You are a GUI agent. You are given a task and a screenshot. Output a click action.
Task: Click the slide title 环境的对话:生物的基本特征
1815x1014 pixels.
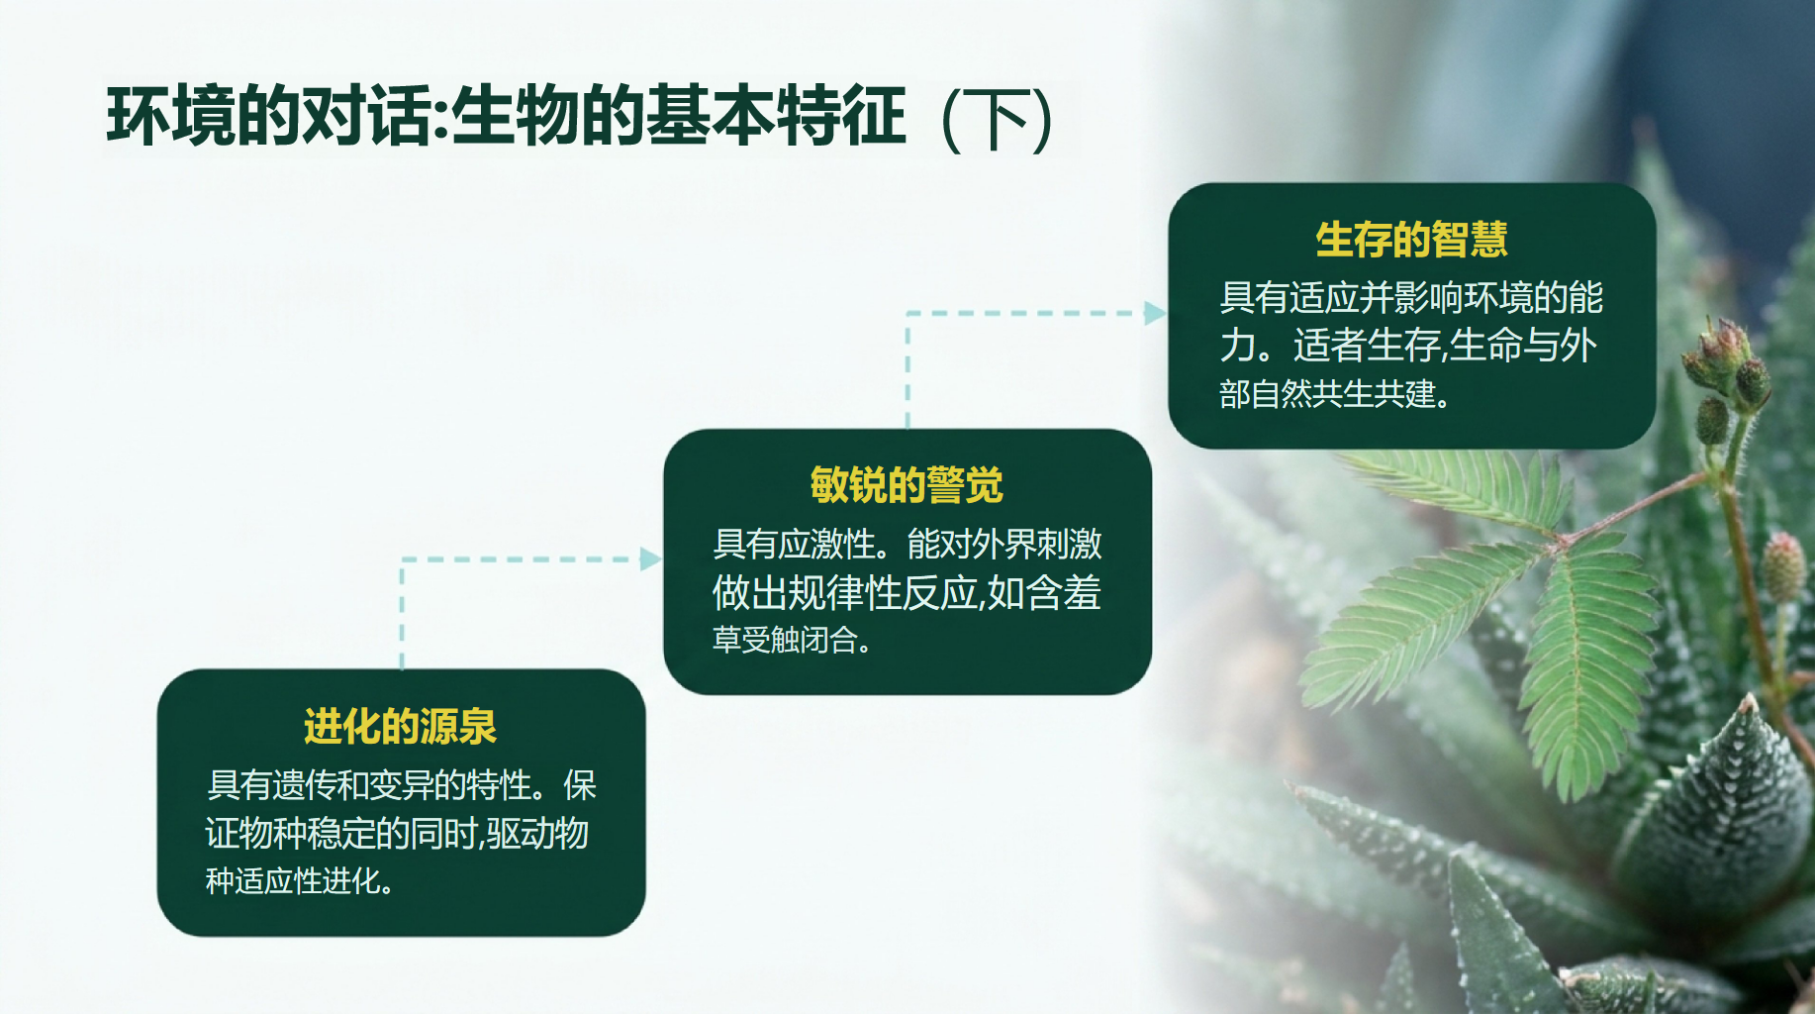pyautogui.click(x=506, y=117)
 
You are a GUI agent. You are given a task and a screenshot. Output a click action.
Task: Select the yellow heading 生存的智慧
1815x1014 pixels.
pyautogui.click(x=1411, y=240)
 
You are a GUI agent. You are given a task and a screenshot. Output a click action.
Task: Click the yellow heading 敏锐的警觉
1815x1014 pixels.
pyautogui.click(x=907, y=485)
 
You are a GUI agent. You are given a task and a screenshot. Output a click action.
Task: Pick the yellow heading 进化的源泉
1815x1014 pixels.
pyautogui.click(x=400, y=726)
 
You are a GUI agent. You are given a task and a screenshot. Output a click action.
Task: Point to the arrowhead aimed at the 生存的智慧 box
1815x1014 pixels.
pyautogui.click(x=1155, y=313)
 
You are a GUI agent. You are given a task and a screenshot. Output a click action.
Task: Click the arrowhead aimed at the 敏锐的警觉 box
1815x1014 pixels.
pyautogui.click(x=650, y=559)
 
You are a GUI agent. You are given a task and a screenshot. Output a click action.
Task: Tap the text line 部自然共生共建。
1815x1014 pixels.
pyautogui.click(x=1335, y=394)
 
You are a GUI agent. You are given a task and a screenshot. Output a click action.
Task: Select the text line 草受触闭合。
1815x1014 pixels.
pyautogui.click(x=792, y=640)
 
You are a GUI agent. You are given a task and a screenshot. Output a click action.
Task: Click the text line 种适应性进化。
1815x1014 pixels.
pyautogui.click(x=300, y=880)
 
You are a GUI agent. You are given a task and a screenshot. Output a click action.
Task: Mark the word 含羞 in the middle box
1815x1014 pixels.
pyautogui.click(x=1064, y=592)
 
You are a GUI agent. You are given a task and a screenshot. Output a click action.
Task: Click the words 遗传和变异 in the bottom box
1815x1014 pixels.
pyautogui.click(x=352, y=785)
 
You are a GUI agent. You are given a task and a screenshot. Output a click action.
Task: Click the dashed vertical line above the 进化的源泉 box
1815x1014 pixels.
pyautogui.click(x=402, y=614)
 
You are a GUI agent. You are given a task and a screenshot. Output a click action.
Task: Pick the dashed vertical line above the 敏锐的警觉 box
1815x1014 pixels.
pyautogui.click(x=907, y=370)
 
